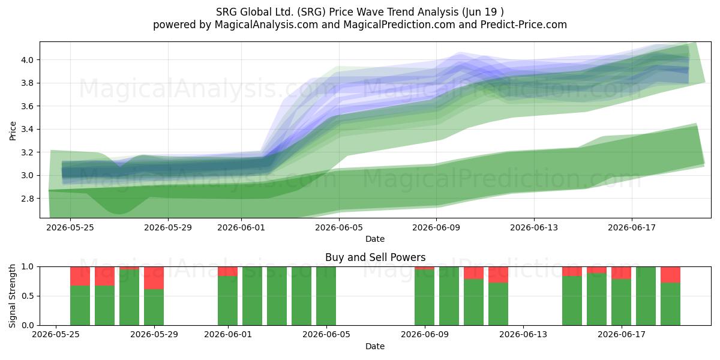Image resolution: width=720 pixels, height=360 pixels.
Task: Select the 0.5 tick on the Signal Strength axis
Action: pyautogui.click(x=28, y=296)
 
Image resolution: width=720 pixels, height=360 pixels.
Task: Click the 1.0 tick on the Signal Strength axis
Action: pyautogui.click(x=28, y=267)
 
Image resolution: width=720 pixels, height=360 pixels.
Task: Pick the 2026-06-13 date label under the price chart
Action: pyautogui.click(x=534, y=227)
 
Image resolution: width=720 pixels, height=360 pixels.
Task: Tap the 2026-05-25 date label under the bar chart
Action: pyautogui.click(x=56, y=335)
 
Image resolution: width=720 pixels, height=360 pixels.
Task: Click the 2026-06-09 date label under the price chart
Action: pyautogui.click(x=436, y=227)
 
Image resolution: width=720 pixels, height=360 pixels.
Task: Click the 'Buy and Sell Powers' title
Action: pyautogui.click(x=375, y=257)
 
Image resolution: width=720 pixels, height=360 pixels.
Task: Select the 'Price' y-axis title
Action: pyautogui.click(x=13, y=131)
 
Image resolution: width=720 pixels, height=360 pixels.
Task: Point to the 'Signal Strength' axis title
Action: pyautogui.click(x=13, y=296)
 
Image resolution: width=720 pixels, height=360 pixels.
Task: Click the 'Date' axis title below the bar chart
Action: pyautogui.click(x=375, y=346)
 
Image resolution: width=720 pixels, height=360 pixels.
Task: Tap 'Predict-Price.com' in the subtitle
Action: pyautogui.click(x=523, y=25)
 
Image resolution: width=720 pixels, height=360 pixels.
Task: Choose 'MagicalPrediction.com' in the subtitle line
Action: pyautogui.click(x=399, y=25)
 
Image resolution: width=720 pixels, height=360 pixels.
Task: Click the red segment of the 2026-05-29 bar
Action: pyautogui.click(x=154, y=278)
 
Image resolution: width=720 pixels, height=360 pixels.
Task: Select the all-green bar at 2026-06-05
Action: pyautogui.click(x=326, y=296)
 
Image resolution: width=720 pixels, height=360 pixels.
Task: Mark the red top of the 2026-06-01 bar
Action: pyautogui.click(x=227, y=271)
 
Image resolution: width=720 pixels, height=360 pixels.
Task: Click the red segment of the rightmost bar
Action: pyautogui.click(x=671, y=275)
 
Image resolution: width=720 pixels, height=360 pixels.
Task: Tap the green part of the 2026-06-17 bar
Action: pyautogui.click(x=622, y=302)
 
